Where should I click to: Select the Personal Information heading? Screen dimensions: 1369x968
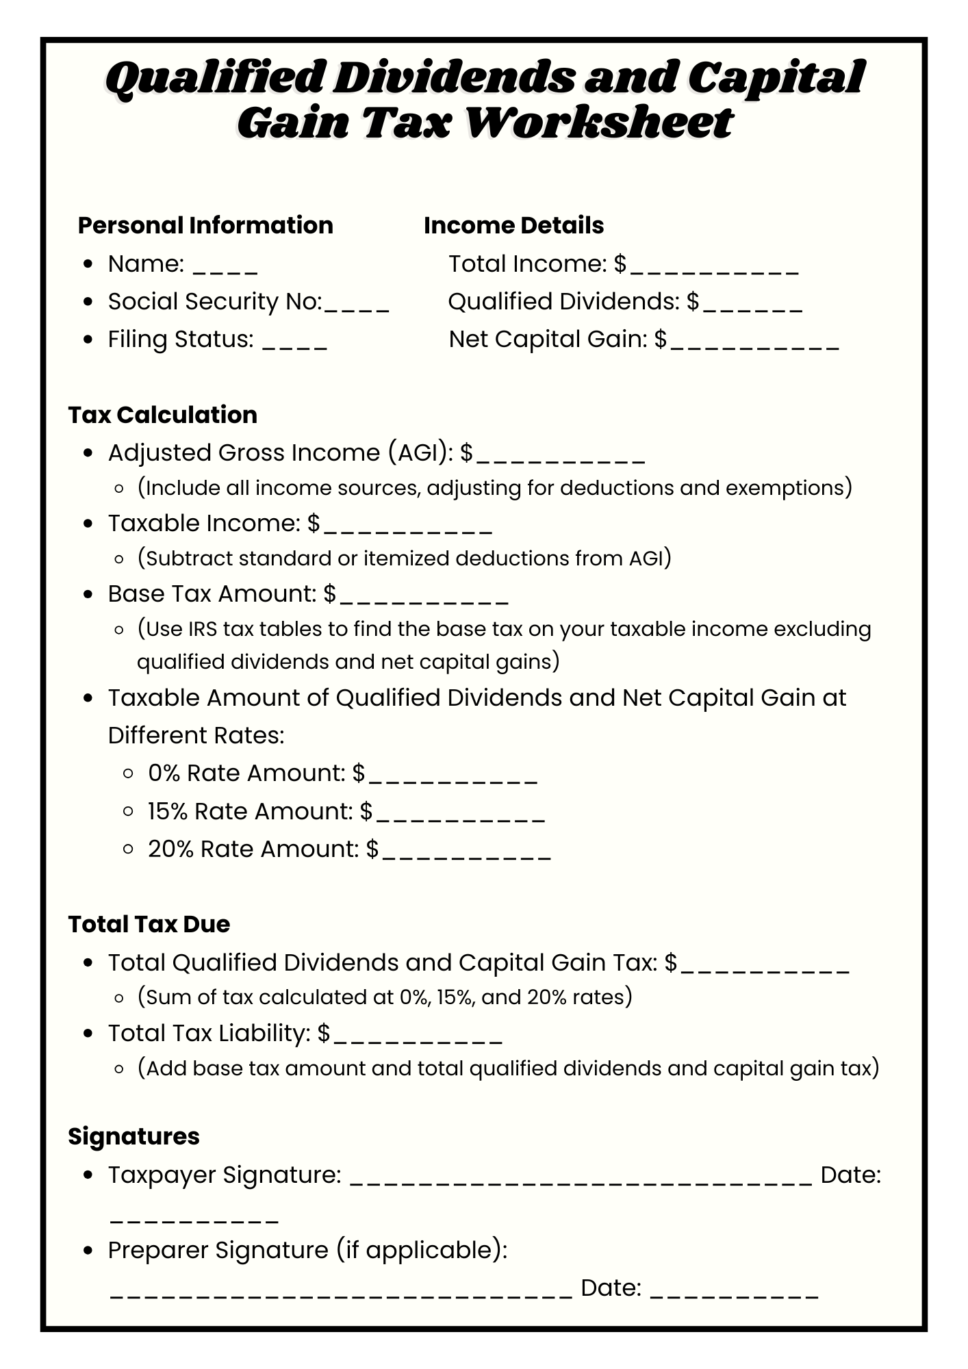pos(205,225)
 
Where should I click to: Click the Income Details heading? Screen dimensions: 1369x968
pos(513,225)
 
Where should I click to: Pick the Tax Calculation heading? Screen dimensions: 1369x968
pos(163,415)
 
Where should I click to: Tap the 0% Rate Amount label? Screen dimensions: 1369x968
pos(246,773)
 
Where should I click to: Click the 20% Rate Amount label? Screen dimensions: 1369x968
pos(253,849)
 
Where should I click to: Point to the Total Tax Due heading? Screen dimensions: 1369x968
pos(149,924)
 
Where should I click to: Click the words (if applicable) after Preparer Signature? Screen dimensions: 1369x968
pos(421,1250)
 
